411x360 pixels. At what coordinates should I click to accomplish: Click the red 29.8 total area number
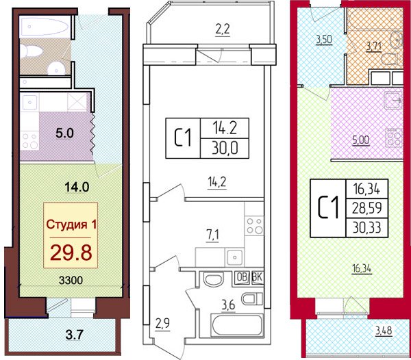click(x=71, y=253)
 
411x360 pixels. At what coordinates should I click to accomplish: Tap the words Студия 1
click(x=71, y=224)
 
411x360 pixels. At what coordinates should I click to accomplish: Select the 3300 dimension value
click(x=71, y=281)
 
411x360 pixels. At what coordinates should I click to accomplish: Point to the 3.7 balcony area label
click(x=75, y=335)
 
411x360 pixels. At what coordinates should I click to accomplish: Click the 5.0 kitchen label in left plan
click(x=64, y=133)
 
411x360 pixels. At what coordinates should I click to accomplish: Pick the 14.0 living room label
click(x=77, y=188)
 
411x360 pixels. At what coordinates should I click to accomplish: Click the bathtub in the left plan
click(x=45, y=27)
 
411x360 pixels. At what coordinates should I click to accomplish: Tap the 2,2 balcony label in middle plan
click(x=223, y=29)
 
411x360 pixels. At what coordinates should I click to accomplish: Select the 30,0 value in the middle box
click(x=225, y=149)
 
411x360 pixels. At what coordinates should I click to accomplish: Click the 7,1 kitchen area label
click(x=212, y=235)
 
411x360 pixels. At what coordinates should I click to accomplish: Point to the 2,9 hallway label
click(x=162, y=324)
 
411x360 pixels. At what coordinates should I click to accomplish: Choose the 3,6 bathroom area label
click(x=228, y=305)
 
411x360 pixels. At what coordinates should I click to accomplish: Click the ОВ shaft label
click(x=242, y=277)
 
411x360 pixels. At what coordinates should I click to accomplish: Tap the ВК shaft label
click(x=257, y=277)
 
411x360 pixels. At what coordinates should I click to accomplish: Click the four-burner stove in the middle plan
click(x=254, y=225)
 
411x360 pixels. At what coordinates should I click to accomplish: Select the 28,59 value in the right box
click(x=367, y=208)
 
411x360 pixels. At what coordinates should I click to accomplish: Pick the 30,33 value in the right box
click(x=367, y=227)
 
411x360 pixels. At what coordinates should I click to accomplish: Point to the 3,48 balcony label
click(x=384, y=331)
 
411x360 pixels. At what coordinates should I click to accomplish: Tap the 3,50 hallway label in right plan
click(x=324, y=40)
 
